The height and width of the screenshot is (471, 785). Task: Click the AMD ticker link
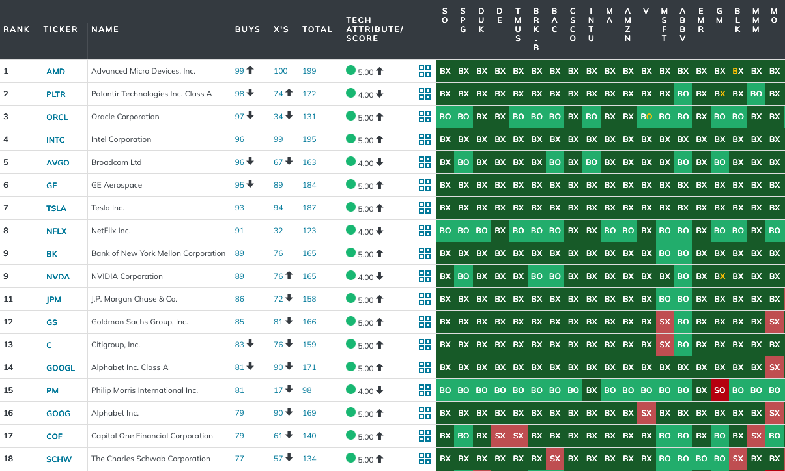[55, 72]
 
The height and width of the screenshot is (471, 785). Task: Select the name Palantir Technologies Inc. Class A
[151, 94]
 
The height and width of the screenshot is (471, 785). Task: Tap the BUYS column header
[247, 29]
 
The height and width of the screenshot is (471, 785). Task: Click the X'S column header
[281, 29]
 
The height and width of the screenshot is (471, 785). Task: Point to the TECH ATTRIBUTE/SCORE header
[375, 29]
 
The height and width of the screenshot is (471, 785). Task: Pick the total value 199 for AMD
[309, 71]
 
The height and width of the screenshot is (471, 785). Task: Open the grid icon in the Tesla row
[425, 208]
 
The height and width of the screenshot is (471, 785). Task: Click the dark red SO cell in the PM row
[719, 390]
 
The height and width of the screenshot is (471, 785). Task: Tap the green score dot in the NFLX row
[350, 230]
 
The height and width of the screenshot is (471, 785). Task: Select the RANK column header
[16, 29]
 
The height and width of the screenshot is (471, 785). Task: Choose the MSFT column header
[664, 25]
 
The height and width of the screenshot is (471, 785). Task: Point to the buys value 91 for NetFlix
[240, 231]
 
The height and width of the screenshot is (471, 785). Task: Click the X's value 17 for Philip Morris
[278, 390]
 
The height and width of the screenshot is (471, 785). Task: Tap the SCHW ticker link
[58, 459]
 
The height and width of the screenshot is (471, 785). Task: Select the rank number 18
[8, 459]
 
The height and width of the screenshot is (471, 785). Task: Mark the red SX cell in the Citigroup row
[664, 345]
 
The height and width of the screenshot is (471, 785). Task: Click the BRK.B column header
[536, 29]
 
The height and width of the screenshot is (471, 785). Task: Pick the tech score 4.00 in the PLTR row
[365, 94]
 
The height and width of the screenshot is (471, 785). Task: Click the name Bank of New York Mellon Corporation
[158, 253]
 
